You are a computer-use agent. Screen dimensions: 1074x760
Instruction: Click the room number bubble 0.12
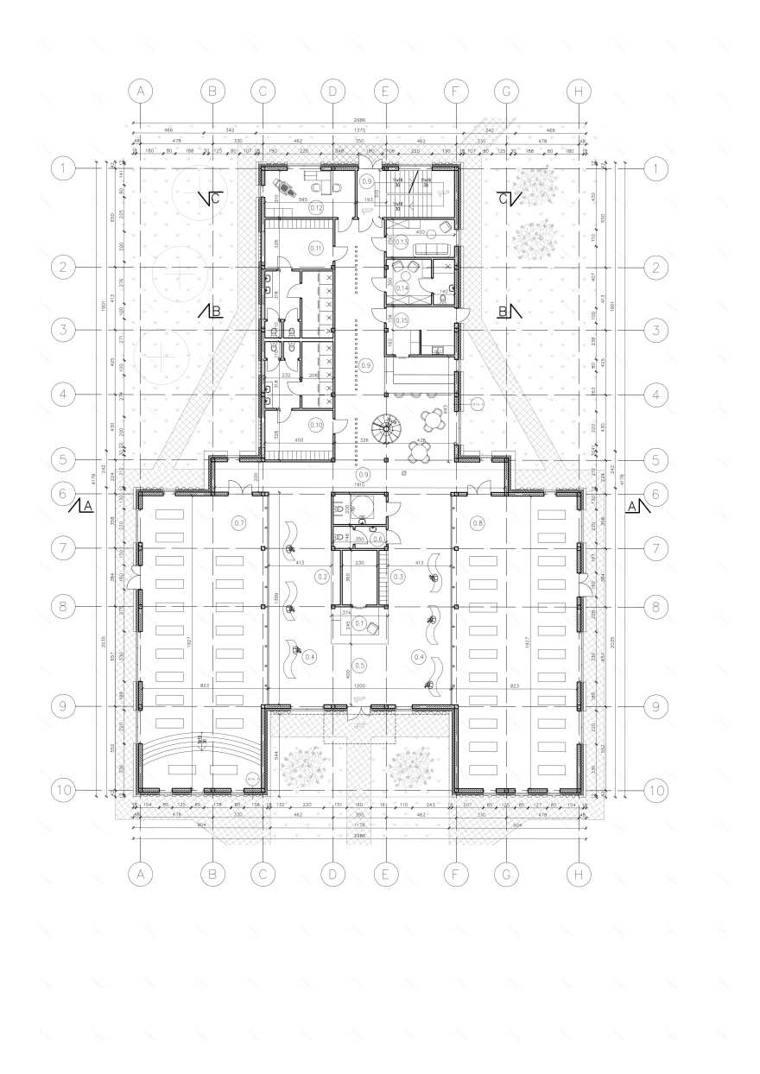tap(316, 208)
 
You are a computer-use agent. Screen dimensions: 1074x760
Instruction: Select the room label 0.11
tap(315, 249)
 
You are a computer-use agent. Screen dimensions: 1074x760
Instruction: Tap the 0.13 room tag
tap(402, 241)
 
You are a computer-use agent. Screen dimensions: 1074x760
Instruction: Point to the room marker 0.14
tap(402, 287)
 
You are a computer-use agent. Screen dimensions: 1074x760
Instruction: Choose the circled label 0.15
tap(402, 319)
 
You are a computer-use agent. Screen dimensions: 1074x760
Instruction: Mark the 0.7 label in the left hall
tap(239, 523)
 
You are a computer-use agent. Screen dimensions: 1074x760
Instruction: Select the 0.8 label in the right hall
tap(478, 523)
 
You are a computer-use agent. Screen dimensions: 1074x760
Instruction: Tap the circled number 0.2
tap(323, 576)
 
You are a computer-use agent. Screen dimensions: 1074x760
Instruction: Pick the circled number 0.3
tap(398, 576)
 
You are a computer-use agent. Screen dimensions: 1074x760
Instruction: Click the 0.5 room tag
tap(360, 665)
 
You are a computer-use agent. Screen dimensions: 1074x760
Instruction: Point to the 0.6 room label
tap(377, 539)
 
